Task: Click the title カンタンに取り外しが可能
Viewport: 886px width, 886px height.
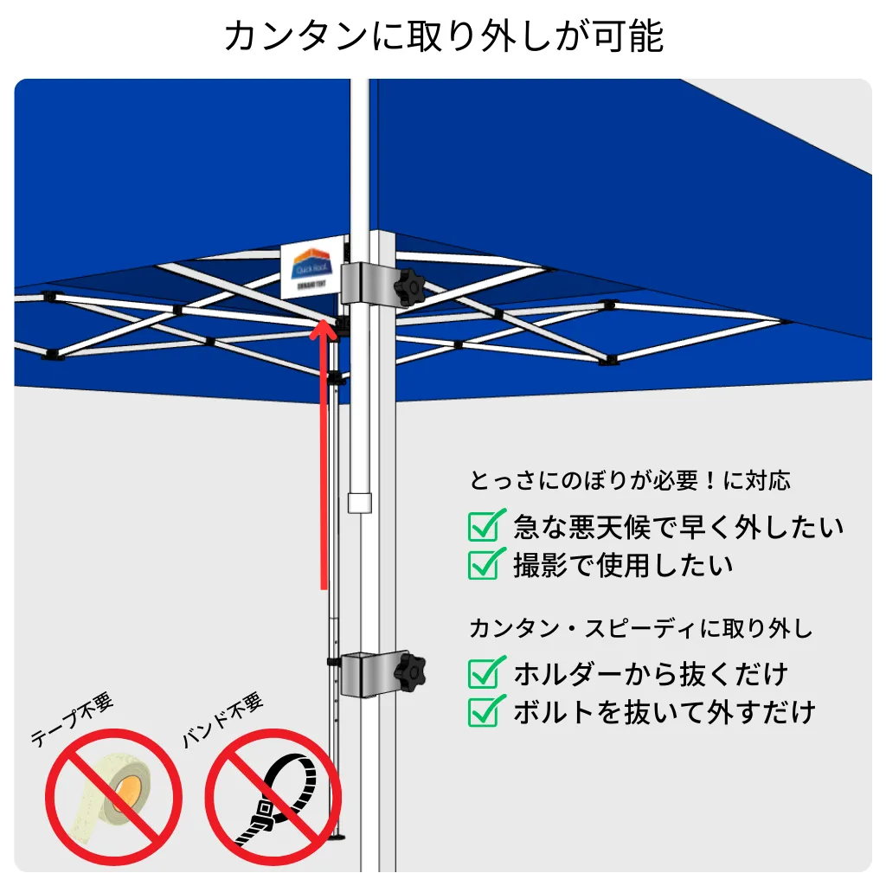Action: point(443,36)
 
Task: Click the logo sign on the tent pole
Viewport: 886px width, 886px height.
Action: point(312,270)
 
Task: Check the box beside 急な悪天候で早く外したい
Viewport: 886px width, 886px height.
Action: point(485,525)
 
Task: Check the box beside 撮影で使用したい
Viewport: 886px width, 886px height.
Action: point(485,564)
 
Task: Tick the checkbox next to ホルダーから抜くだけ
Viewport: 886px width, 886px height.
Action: point(485,672)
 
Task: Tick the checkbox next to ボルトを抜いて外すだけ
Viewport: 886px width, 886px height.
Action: point(485,711)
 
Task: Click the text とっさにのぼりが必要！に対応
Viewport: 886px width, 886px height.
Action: point(630,480)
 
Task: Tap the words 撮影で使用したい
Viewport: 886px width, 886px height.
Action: point(623,565)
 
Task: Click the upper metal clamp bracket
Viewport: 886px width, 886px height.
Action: point(365,284)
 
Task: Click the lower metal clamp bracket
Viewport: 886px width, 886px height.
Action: point(367,672)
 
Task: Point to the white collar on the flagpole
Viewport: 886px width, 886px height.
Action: point(359,503)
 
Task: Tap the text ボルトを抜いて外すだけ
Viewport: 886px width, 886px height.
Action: point(664,712)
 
